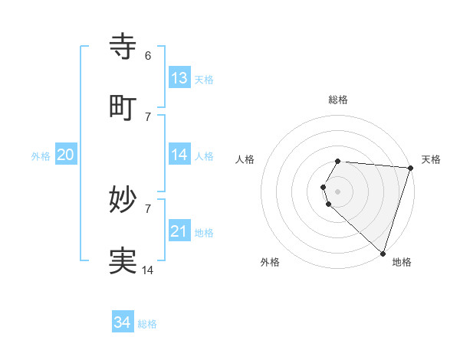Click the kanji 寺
123,46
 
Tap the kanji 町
123,108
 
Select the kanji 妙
123,200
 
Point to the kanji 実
123,261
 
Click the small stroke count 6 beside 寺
147,55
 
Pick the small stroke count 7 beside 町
147,116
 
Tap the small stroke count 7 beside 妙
147,208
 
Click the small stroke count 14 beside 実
148,270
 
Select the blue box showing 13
179,78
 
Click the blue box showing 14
179,155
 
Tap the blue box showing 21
179,231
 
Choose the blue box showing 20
65,155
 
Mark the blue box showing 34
123,322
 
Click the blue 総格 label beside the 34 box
147,324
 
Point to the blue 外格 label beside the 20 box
41,156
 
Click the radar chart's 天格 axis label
431,159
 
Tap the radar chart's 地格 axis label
402,262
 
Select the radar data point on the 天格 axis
410,168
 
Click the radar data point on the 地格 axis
383,253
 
